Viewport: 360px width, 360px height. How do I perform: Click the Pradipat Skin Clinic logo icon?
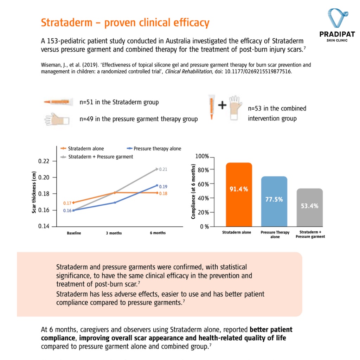coord(337,18)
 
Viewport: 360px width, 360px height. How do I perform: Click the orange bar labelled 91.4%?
coord(239,194)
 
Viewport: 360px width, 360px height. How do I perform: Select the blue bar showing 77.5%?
coord(274,201)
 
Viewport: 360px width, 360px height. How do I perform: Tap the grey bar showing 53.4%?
coord(309,207)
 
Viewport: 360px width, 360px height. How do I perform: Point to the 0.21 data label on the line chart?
coord(163,169)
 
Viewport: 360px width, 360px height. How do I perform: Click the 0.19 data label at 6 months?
coord(163,187)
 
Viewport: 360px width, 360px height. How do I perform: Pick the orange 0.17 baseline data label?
coord(67,203)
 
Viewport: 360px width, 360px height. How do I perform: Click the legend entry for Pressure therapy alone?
coord(154,149)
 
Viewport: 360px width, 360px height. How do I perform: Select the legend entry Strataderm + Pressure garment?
coord(97,157)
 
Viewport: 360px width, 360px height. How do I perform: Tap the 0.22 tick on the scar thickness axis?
coord(44,161)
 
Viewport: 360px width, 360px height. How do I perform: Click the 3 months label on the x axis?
coord(114,233)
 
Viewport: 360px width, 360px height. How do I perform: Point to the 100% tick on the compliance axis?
coord(202,156)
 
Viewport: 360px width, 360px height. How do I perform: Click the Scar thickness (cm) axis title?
coord(34,192)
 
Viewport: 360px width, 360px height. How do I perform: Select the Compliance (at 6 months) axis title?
coord(193,192)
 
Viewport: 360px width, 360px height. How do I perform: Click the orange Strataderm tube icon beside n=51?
coord(58,102)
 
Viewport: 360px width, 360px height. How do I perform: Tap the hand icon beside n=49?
coord(57,120)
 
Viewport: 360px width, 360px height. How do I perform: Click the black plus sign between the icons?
coord(222,105)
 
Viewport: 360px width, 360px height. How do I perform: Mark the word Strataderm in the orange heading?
coord(66,23)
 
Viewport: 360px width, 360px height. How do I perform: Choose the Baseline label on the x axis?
coord(74,233)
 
